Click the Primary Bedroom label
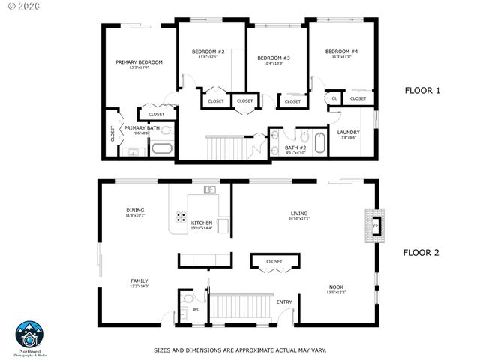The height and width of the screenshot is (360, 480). (139, 62)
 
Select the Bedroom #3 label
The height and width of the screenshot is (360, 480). (274, 58)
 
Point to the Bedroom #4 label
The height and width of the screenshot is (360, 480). (341, 52)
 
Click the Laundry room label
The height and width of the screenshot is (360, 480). (348, 133)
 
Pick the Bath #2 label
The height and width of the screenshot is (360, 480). (296, 148)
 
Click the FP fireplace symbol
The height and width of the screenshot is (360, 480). (376, 226)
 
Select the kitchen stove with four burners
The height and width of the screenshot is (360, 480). (181, 218)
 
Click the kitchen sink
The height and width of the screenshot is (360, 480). (211, 190)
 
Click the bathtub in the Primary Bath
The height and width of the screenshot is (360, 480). (162, 148)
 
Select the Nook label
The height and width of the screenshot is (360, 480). (335, 286)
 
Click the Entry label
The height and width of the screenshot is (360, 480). (284, 302)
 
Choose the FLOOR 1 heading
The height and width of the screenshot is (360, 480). (422, 91)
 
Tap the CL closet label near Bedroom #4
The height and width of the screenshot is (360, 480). (334, 98)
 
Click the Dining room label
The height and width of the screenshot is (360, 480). (135, 211)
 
